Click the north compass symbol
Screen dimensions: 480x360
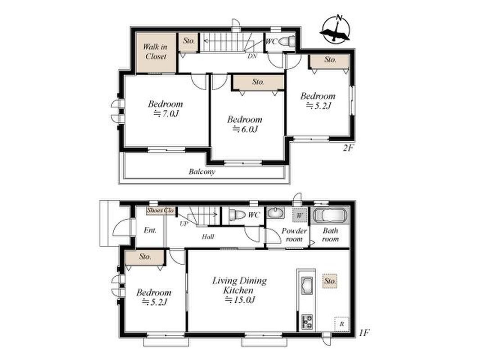(x=336, y=28)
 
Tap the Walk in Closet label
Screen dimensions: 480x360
(x=156, y=52)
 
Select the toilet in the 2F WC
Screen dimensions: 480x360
(x=287, y=41)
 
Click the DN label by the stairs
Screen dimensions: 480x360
(x=252, y=56)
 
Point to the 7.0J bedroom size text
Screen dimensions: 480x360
(x=166, y=114)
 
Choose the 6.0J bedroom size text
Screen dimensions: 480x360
(x=245, y=129)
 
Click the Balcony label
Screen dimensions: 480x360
(x=202, y=171)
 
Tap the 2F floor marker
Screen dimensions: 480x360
(x=348, y=148)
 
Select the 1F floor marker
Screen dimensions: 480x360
(x=364, y=332)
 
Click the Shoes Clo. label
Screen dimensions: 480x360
(x=161, y=211)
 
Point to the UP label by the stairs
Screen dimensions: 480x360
(x=184, y=224)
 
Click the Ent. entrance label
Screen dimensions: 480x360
(x=150, y=230)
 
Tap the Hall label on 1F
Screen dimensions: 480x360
(x=208, y=236)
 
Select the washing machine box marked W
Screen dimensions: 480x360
(x=300, y=216)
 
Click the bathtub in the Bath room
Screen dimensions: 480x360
(x=330, y=215)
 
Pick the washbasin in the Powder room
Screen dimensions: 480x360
(x=275, y=212)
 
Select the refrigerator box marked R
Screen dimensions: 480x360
(x=342, y=324)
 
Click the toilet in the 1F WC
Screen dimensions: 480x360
(x=237, y=215)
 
